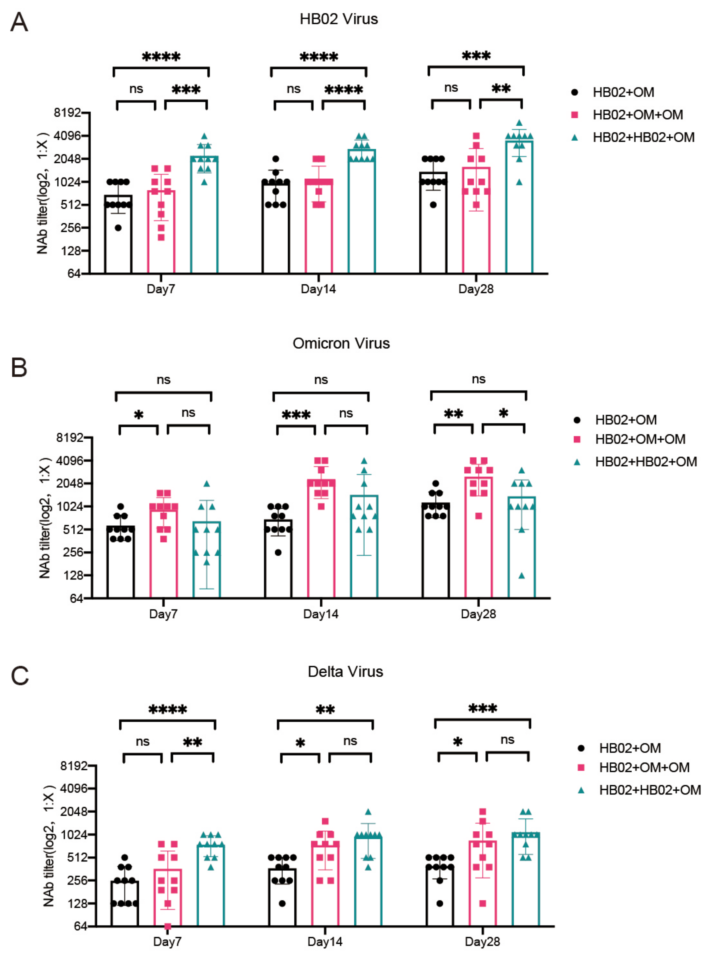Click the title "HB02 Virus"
pyautogui.click(x=339, y=19)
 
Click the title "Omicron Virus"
pyautogui.click(x=341, y=344)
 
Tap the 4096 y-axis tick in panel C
pyautogui.click(x=74, y=788)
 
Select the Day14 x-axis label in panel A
pyautogui.click(x=318, y=289)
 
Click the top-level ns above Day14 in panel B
pyautogui.click(x=321, y=380)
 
